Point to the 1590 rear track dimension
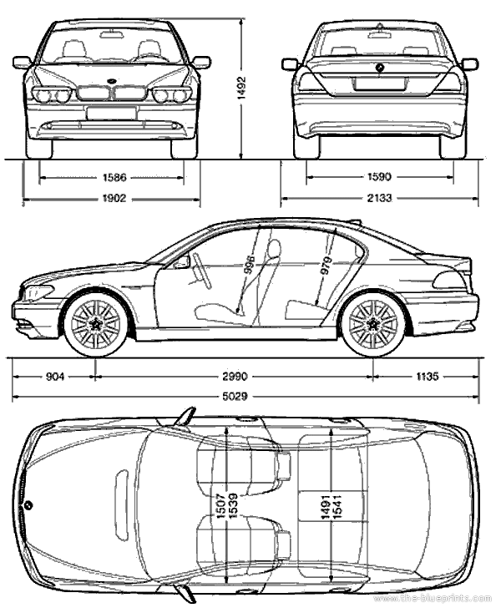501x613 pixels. (380, 177)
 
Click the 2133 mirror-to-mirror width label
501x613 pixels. (380, 198)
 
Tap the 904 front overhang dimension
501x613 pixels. (54, 377)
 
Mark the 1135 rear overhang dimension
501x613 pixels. (427, 377)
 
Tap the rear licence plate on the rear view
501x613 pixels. (380, 84)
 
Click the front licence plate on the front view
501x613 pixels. (111, 113)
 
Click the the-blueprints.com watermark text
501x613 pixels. (434, 600)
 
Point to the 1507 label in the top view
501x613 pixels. (220, 505)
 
